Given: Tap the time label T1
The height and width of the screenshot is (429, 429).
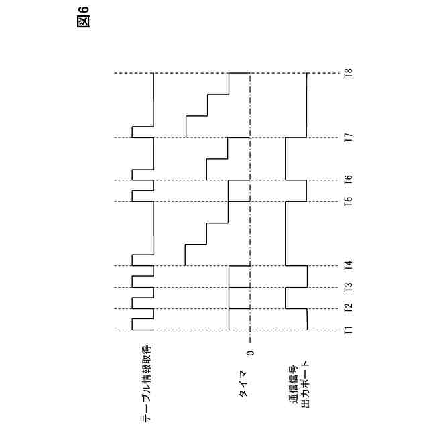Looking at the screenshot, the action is [x=348, y=330].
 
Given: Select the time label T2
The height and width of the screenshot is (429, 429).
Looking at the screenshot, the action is [x=348, y=308].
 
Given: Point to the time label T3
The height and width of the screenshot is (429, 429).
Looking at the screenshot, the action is [x=348, y=288].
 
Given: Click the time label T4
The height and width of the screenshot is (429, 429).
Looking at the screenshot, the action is [x=348, y=265].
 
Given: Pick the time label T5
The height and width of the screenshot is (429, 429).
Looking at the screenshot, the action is [x=348, y=202].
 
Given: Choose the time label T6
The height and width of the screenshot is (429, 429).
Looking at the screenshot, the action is [x=348, y=180].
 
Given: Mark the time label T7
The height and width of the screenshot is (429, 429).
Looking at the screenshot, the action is [x=348, y=138].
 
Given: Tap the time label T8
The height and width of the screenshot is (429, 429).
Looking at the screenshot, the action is [x=348, y=74].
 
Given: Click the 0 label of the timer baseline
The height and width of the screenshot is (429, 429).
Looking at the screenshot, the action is [x=250, y=353].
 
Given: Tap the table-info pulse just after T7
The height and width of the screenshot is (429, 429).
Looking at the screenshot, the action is [x=132, y=131].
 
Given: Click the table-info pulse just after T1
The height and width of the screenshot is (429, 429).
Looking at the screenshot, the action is [x=132, y=324].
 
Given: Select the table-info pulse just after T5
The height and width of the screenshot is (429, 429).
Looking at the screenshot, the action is [x=132, y=196].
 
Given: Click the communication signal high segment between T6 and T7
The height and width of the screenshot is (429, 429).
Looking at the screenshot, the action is [x=286, y=159].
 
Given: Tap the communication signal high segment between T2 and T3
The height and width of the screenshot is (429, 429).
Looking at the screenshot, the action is [x=286, y=298].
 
